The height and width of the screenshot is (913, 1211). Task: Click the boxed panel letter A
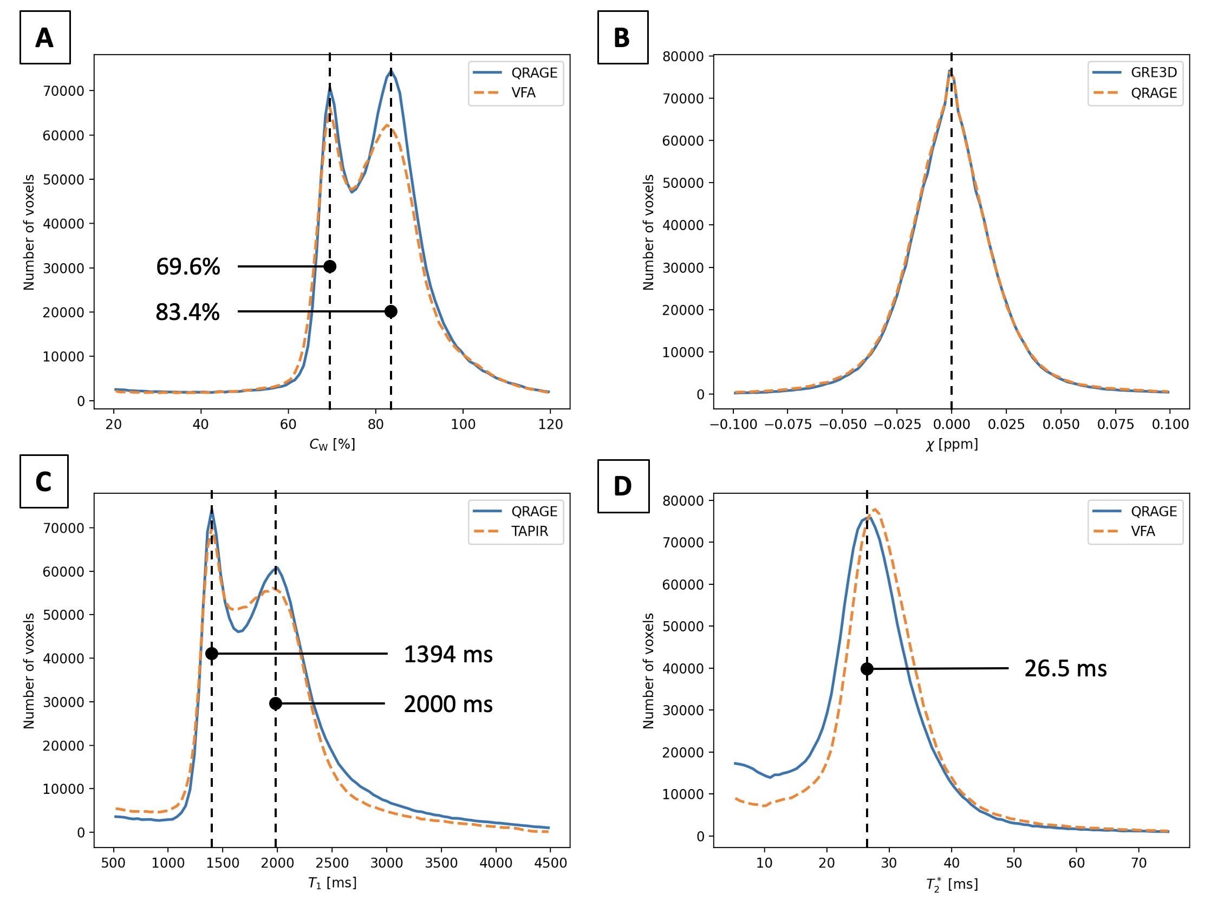pos(44,38)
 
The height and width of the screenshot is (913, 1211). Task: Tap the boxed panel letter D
pos(622,486)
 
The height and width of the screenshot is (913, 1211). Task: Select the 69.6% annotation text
pos(188,266)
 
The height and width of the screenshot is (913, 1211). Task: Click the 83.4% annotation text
pos(187,312)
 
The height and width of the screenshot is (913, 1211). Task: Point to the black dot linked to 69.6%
pos(330,266)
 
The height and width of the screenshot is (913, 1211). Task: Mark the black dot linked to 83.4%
pos(390,311)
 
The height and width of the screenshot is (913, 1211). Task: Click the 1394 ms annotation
pos(448,654)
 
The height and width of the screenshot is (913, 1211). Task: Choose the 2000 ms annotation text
pos(448,704)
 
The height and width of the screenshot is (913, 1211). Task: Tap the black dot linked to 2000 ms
pos(275,703)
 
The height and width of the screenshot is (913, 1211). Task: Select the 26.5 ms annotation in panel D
pos(1065,668)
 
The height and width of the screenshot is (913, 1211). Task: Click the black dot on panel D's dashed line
pos(867,669)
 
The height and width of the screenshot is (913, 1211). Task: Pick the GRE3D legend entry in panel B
pos(1154,72)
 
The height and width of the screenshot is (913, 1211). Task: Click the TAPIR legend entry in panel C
pos(529,531)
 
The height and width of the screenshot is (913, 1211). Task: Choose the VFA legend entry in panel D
pos(1143,531)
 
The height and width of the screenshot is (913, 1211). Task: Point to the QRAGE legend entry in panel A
pos(534,73)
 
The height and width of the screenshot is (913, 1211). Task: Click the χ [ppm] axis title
pos(952,444)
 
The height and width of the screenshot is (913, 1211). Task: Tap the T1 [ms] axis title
pos(332,883)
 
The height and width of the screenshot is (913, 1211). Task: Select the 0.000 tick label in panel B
pos(952,424)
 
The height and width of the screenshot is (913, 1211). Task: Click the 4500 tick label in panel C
pos(550,863)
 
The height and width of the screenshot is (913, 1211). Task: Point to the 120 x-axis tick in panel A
pos(550,424)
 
